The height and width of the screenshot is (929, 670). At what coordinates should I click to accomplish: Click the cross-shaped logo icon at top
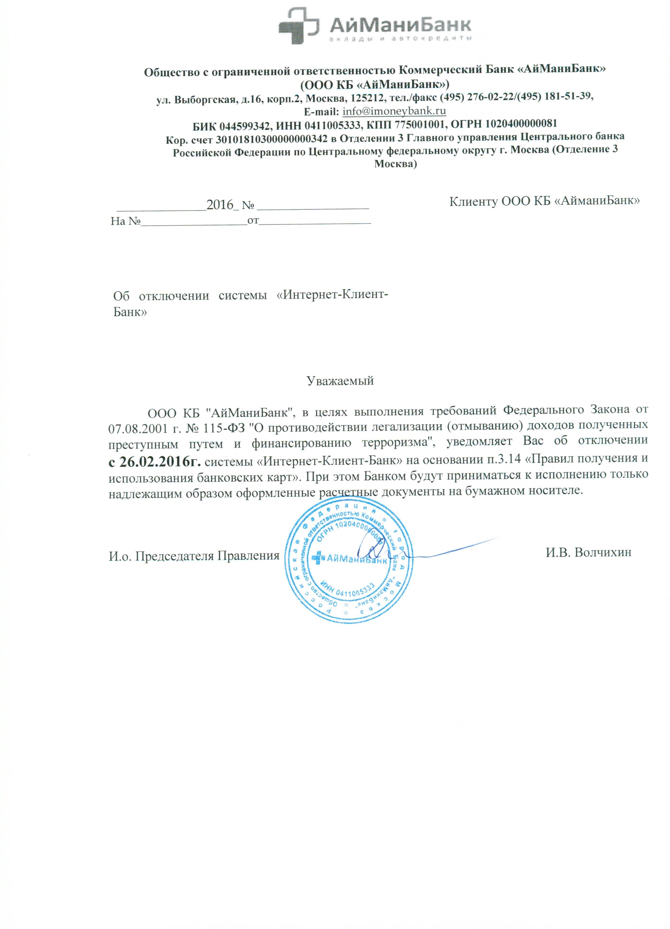click(x=298, y=26)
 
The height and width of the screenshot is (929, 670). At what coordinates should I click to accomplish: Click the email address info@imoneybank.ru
click(x=394, y=111)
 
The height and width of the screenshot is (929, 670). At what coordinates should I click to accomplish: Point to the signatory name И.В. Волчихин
click(x=588, y=552)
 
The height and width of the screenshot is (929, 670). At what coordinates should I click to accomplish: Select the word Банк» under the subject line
click(x=130, y=312)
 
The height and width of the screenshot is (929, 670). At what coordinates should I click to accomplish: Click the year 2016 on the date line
click(x=220, y=205)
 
